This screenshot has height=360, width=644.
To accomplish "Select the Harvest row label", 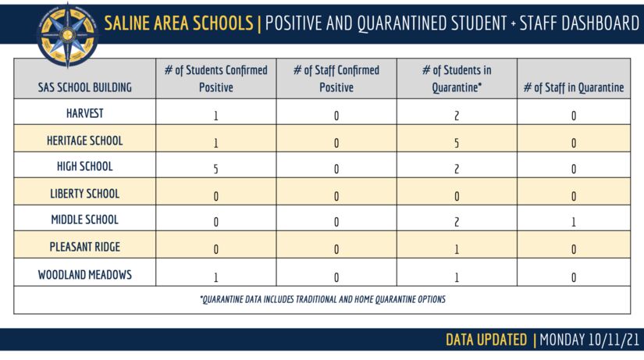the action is coord(84,113).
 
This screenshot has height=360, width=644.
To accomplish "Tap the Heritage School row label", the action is coord(84,141).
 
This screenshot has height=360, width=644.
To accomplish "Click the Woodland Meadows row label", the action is coord(84,275).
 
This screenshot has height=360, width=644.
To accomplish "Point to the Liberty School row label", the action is coord(84,194).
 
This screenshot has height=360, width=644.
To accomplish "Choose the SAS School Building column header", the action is coord(84,87).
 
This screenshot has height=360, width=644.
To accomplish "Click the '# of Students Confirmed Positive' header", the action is coord(216,79).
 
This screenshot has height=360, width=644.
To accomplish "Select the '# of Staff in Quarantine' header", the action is coord(574,87).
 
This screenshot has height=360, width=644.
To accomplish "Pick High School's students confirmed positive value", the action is coord(216,169).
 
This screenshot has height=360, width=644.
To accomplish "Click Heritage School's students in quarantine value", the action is coord(457,143).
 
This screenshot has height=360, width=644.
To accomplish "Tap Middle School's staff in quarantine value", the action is coord(574,222).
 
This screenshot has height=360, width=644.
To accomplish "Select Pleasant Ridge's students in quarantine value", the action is coord(457,249).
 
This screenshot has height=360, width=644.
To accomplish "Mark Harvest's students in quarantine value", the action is coord(457,116).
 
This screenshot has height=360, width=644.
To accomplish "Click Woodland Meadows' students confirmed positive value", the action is coord(216,277).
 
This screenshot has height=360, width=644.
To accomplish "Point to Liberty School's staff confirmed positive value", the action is coord(336,196).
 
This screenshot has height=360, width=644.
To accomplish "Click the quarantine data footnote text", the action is coord(322,299).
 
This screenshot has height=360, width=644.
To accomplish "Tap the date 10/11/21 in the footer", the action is coord(614,340).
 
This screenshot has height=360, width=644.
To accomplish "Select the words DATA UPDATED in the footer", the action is coord(486,340).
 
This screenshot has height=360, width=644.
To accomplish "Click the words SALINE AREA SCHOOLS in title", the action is coord(179,23).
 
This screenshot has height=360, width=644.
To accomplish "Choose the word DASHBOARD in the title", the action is coord(600,23).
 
